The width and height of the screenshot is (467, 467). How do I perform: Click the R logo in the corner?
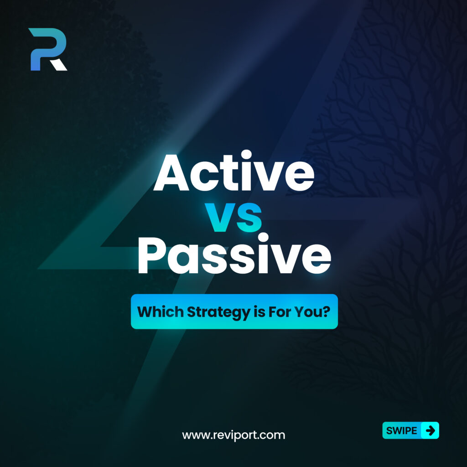tap(47, 49)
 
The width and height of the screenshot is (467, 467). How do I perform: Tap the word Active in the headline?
tap(234, 171)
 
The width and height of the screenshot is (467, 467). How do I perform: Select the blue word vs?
tap(233, 218)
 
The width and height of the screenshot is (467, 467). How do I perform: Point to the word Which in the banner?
tap(160, 311)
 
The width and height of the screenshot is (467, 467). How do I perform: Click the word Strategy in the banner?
tap(218, 313)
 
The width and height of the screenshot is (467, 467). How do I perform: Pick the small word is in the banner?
tap(259, 311)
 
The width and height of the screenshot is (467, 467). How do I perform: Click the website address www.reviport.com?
tap(233, 435)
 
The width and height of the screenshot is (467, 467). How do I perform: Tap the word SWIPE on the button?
tap(401, 431)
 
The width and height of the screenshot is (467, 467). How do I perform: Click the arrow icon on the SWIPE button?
tap(431, 431)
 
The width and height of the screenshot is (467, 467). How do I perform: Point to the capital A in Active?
tap(171, 173)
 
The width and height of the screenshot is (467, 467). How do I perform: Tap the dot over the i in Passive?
tap(263, 238)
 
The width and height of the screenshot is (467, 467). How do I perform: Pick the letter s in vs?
tap(249, 218)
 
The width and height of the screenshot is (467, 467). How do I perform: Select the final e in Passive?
tap(317, 259)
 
